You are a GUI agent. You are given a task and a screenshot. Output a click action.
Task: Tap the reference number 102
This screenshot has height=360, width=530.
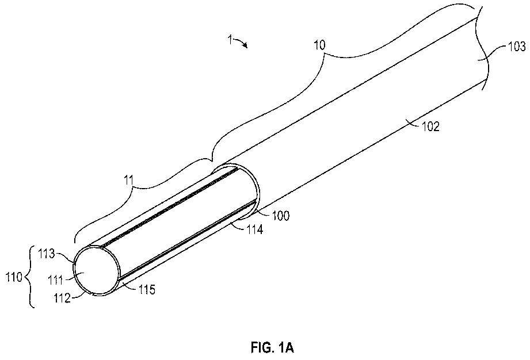tap(430, 127)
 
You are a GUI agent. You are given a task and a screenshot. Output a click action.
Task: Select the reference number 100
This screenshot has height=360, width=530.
tap(281, 216)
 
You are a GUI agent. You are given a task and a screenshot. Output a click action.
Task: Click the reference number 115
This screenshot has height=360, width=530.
tap(147, 289)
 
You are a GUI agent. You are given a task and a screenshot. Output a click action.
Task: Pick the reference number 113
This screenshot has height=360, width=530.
tap(46, 254)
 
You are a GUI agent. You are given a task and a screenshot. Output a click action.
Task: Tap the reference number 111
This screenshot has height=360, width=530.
tap(55, 280)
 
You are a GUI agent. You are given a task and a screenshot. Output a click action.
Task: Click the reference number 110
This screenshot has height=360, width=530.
tap(14, 277)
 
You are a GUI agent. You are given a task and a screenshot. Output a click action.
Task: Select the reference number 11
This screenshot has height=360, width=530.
tap(129, 181)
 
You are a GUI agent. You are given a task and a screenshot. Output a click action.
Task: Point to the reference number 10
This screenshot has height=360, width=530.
tap(319, 45)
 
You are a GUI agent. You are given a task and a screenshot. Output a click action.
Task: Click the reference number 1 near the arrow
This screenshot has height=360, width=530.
tap(230, 40)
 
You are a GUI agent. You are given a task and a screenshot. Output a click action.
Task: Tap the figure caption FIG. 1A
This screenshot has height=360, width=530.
tap(272, 347)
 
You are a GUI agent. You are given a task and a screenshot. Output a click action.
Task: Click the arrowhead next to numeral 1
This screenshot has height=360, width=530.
tap(245, 45)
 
